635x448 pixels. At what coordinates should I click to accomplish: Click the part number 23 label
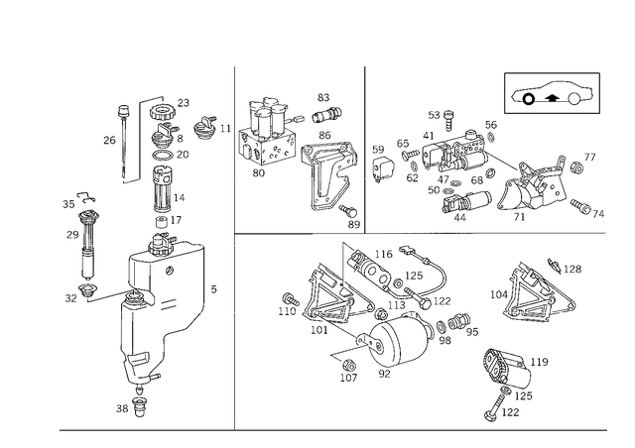pyautogui.click(x=183, y=103)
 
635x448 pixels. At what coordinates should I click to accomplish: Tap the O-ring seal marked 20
pyautogui.click(x=162, y=155)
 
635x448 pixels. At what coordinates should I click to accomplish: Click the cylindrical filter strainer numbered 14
pyautogui.click(x=163, y=189)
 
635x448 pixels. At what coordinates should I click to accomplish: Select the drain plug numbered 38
pyautogui.click(x=139, y=408)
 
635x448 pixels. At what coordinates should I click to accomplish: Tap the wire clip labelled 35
pyautogui.click(x=86, y=196)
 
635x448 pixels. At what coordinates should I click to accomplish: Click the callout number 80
pyautogui.click(x=258, y=173)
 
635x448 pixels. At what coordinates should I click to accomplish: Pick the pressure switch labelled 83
pyautogui.click(x=326, y=115)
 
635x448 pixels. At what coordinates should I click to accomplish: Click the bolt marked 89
pyautogui.click(x=348, y=210)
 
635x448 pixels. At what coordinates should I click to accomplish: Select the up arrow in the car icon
pyautogui.click(x=551, y=97)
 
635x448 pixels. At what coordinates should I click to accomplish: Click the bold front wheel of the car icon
pyautogui.click(x=528, y=98)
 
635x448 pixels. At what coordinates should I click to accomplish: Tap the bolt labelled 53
pyautogui.click(x=447, y=121)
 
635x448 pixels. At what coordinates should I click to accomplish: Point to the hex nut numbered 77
pyautogui.click(x=576, y=167)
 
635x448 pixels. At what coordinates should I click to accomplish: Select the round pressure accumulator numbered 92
pyautogui.click(x=399, y=340)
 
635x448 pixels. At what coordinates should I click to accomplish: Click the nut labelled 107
pyautogui.click(x=348, y=365)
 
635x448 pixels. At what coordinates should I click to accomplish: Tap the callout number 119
pyautogui.click(x=540, y=362)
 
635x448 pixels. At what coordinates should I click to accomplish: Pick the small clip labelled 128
pyautogui.click(x=554, y=265)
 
